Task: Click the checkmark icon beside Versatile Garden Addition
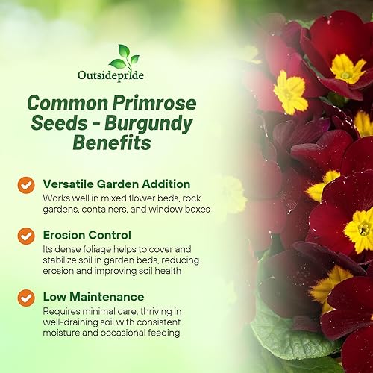point(26,184)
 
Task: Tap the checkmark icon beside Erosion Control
point(26,233)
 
